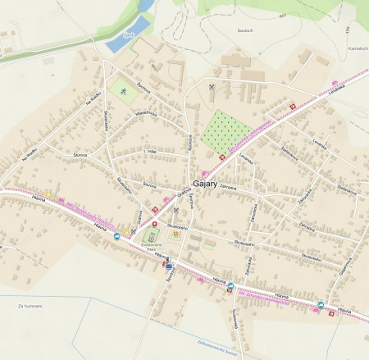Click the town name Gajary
click(205, 185)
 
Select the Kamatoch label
click(357, 48)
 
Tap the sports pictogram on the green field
click(122, 91)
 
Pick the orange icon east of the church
click(174, 235)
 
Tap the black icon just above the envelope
click(168, 259)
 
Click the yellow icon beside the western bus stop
click(48, 194)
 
